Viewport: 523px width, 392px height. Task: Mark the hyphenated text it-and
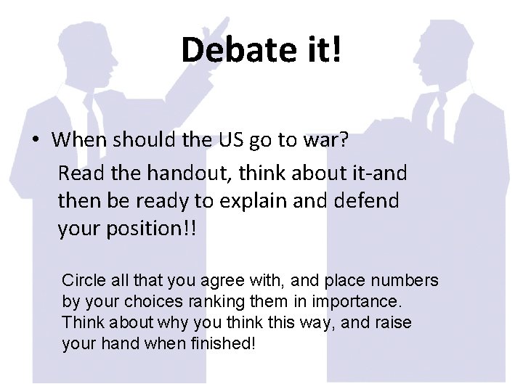coord(372,173)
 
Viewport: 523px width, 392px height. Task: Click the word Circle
coord(83,280)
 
